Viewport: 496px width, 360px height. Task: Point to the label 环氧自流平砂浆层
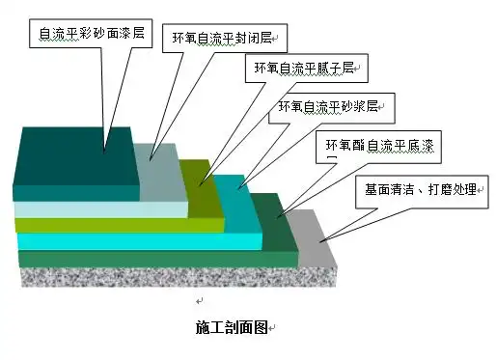click(x=328, y=106)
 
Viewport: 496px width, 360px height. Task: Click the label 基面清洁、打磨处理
click(x=418, y=187)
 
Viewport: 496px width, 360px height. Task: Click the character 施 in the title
click(x=200, y=328)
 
